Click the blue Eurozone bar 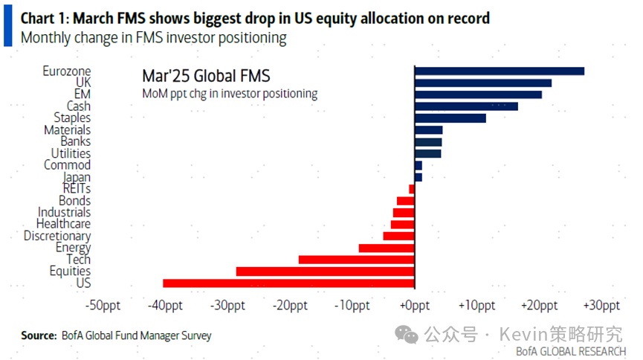coord(500,71)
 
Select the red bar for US coord(288,283)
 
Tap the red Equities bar coord(325,271)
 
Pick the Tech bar coord(356,260)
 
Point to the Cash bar coord(466,106)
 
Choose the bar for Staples coord(450,118)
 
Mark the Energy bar coord(387,248)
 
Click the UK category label coord(83,83)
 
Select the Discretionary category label coord(57,236)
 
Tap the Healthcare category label coord(63,224)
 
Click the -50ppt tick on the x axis coord(103,306)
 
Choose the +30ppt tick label coord(601,306)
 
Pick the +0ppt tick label coord(414,306)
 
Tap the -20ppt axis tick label coord(290,306)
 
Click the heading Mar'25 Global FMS coord(206,76)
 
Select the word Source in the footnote coord(38,335)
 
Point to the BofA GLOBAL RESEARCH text coord(571,350)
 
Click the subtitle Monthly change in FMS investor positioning coord(154,38)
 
